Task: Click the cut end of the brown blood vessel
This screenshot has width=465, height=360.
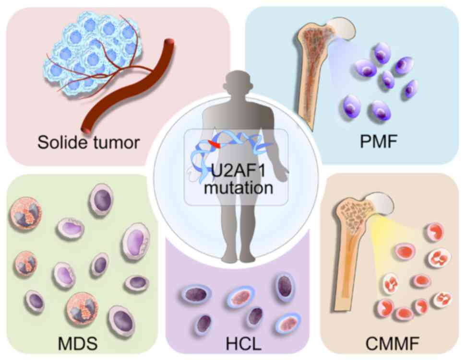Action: (87, 130)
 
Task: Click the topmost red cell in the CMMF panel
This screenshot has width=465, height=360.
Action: (434, 232)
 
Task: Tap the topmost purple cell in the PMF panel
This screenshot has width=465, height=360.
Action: (382, 53)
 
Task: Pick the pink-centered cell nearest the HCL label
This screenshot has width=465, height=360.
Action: (288, 323)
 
